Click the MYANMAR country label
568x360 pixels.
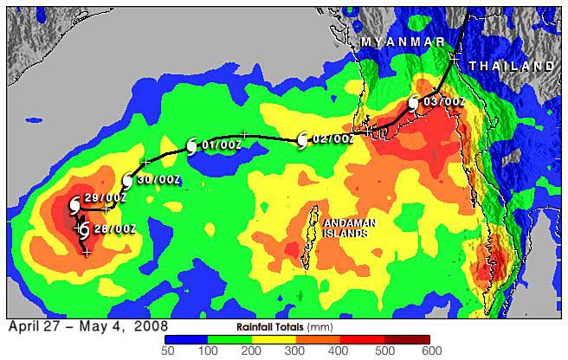[x=403, y=42]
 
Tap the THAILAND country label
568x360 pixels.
[x=511, y=66]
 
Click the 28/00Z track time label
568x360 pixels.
[x=113, y=228]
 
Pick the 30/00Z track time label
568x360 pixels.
[x=158, y=180]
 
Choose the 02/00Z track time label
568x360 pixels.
[x=332, y=138]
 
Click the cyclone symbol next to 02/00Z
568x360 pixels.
[x=302, y=140]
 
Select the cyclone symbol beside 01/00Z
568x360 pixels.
[x=192, y=146]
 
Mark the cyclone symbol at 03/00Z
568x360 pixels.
[x=414, y=104]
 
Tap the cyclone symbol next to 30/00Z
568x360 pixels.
[x=127, y=181]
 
